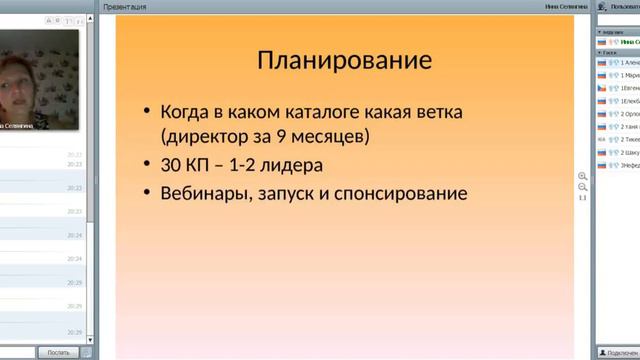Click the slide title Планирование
[x=345, y=60]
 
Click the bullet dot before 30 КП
[x=147, y=164]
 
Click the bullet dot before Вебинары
[x=147, y=193]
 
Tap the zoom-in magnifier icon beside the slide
[x=582, y=176]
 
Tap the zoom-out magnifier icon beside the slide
[x=582, y=187]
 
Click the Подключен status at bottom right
[x=619, y=352]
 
